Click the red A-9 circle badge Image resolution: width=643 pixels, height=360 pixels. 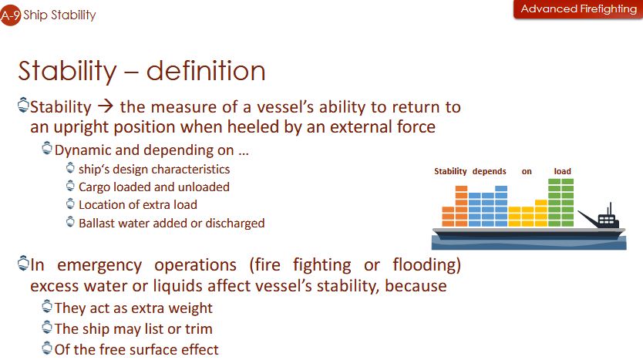[9, 16]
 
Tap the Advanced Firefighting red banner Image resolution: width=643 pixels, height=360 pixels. [578, 9]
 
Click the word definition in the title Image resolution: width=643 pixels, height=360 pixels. [206, 70]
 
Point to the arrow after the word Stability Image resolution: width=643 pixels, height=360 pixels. [106, 106]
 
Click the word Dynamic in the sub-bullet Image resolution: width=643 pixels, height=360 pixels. [82, 150]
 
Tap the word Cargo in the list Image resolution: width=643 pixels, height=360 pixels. [94, 187]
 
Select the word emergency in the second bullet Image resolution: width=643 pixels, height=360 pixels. [99, 265]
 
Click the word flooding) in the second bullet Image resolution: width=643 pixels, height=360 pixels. [427, 265]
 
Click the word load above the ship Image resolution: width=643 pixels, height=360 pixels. [562, 171]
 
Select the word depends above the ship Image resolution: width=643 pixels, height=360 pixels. [490, 171]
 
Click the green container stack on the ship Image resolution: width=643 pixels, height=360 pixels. [561, 203]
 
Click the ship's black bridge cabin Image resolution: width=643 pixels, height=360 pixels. [608, 219]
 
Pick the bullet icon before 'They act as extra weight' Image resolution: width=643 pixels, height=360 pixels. [47, 306]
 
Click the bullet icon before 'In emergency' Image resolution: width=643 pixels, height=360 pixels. [23, 263]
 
